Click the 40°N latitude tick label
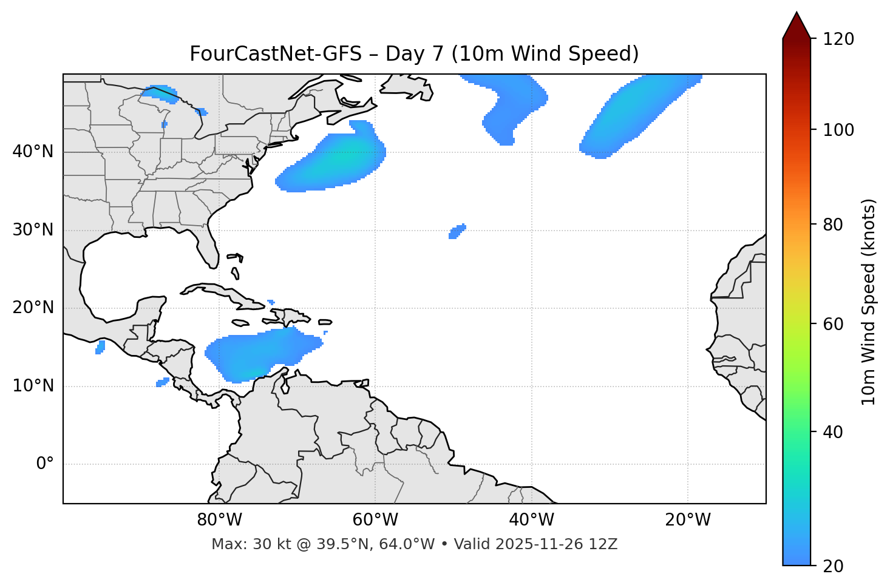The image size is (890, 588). [x=33, y=151]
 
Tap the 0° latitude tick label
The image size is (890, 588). [x=45, y=464]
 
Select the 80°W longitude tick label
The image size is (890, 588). [x=219, y=520]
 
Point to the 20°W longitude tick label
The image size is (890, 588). [x=688, y=520]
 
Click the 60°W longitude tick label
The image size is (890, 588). [x=375, y=520]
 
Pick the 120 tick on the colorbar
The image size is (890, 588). [x=838, y=39]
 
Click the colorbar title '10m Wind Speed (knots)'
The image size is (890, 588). [x=868, y=302]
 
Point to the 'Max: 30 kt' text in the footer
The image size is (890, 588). [x=242, y=544]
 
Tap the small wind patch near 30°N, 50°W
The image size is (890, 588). [x=457, y=231]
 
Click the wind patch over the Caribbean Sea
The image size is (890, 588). [x=261, y=354]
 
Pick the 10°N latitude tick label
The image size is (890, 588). [x=33, y=386]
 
